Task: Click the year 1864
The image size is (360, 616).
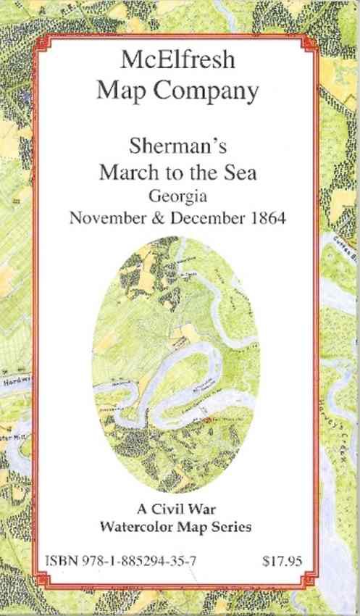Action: click(265, 218)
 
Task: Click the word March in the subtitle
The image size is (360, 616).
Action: click(127, 174)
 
